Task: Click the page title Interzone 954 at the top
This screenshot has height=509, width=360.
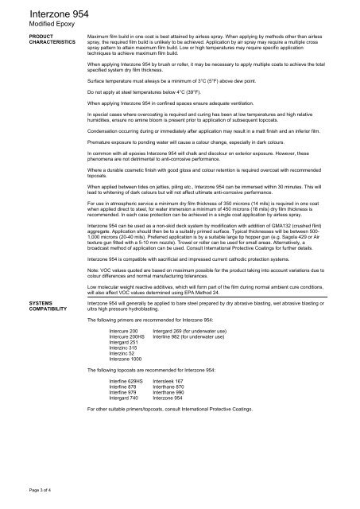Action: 46,14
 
